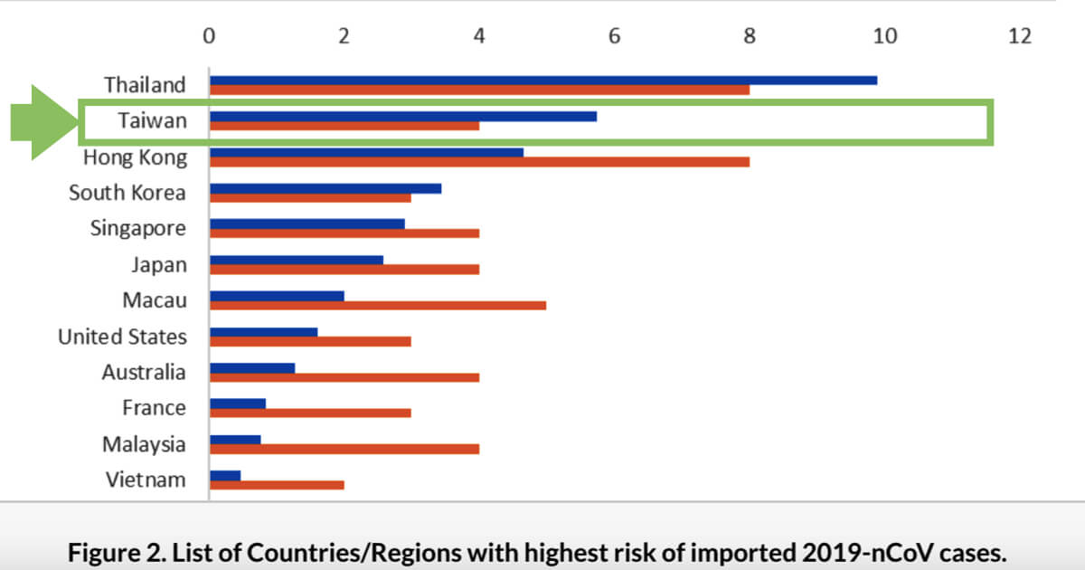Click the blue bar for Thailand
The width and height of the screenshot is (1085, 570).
(542, 80)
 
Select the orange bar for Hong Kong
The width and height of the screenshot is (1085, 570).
(479, 162)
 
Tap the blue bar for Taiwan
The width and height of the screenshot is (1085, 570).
(402, 116)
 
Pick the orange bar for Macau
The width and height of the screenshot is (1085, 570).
(378, 305)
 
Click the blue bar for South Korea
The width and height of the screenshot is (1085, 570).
(325, 188)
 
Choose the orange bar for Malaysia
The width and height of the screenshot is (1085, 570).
(344, 449)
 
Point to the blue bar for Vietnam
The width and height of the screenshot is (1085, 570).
(225, 475)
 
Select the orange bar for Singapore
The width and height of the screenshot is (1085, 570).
(344, 233)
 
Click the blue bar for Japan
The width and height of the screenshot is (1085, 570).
(297, 260)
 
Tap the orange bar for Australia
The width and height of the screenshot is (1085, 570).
(344, 377)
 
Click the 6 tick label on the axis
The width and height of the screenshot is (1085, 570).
(614, 36)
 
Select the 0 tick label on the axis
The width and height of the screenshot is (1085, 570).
(209, 36)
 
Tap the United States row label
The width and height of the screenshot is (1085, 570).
(122, 337)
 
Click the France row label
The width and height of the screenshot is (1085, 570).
(154, 409)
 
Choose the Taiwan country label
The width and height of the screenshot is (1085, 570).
(151, 121)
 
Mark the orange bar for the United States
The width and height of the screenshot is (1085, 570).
(310, 341)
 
